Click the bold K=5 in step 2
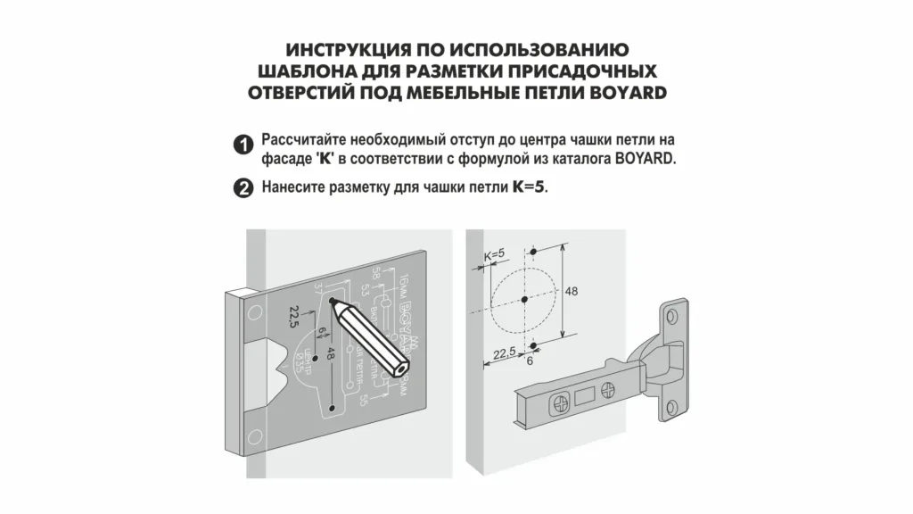coord(529,188)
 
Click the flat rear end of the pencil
coord(404,366)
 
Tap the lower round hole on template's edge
coord(255,435)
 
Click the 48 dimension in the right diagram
coord(572,291)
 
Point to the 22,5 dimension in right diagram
coord(505,352)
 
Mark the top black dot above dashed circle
coord(532,252)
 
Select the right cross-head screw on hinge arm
coord(608,389)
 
